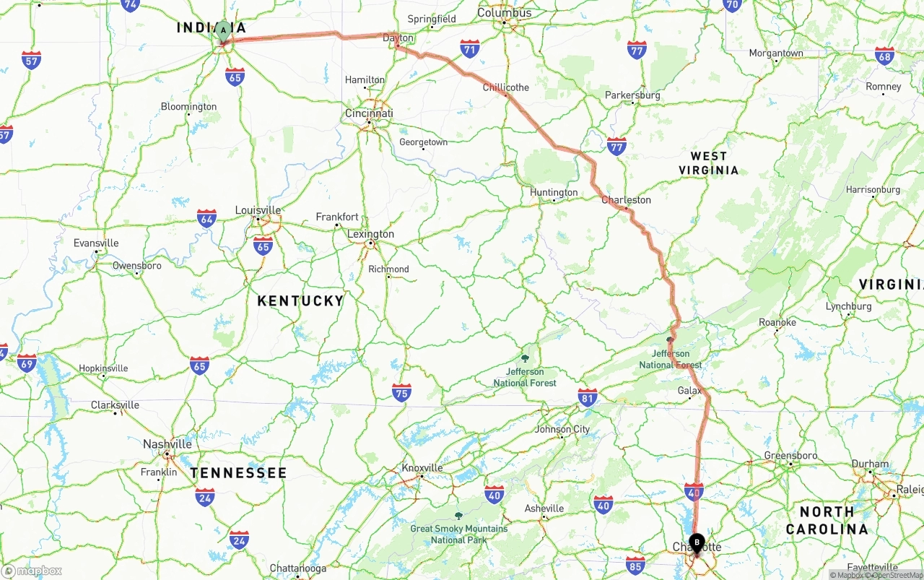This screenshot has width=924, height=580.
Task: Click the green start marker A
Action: (x=224, y=31)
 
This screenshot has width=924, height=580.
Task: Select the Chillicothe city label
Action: (x=505, y=87)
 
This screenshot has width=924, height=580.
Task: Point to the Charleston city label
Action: (x=626, y=200)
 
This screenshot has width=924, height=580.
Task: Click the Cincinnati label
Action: (x=369, y=113)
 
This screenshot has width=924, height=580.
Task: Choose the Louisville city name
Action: (x=258, y=210)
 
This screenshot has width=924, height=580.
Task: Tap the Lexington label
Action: (x=370, y=234)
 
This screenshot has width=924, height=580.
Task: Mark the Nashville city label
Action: (x=167, y=444)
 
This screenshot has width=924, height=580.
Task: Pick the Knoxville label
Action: (x=422, y=468)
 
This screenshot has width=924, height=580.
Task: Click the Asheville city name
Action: (x=544, y=508)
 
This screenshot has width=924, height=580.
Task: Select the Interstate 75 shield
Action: (x=402, y=392)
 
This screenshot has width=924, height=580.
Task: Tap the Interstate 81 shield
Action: (x=588, y=397)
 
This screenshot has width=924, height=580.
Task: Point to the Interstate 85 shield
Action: (x=635, y=565)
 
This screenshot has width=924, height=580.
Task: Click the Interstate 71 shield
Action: (x=470, y=48)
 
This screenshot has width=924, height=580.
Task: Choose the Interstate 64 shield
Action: (x=206, y=218)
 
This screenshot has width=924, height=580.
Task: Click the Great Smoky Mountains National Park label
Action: (x=458, y=534)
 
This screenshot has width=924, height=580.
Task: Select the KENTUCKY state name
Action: (x=300, y=301)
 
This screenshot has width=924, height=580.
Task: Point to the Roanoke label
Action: (x=777, y=322)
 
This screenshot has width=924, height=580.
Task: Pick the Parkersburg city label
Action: (x=632, y=95)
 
